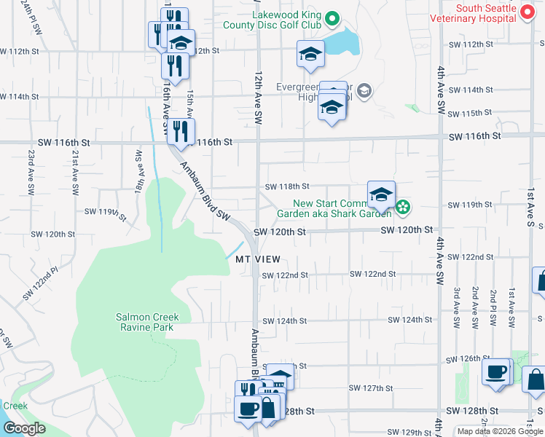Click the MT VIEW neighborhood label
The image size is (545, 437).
point(253,259)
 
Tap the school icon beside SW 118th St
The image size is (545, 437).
point(381,195)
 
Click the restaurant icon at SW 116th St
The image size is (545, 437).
point(180,133)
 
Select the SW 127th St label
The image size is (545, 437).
point(371,388)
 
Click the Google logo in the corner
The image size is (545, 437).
point(24,428)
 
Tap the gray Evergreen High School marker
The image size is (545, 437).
point(364,91)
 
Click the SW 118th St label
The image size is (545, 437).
point(287,187)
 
